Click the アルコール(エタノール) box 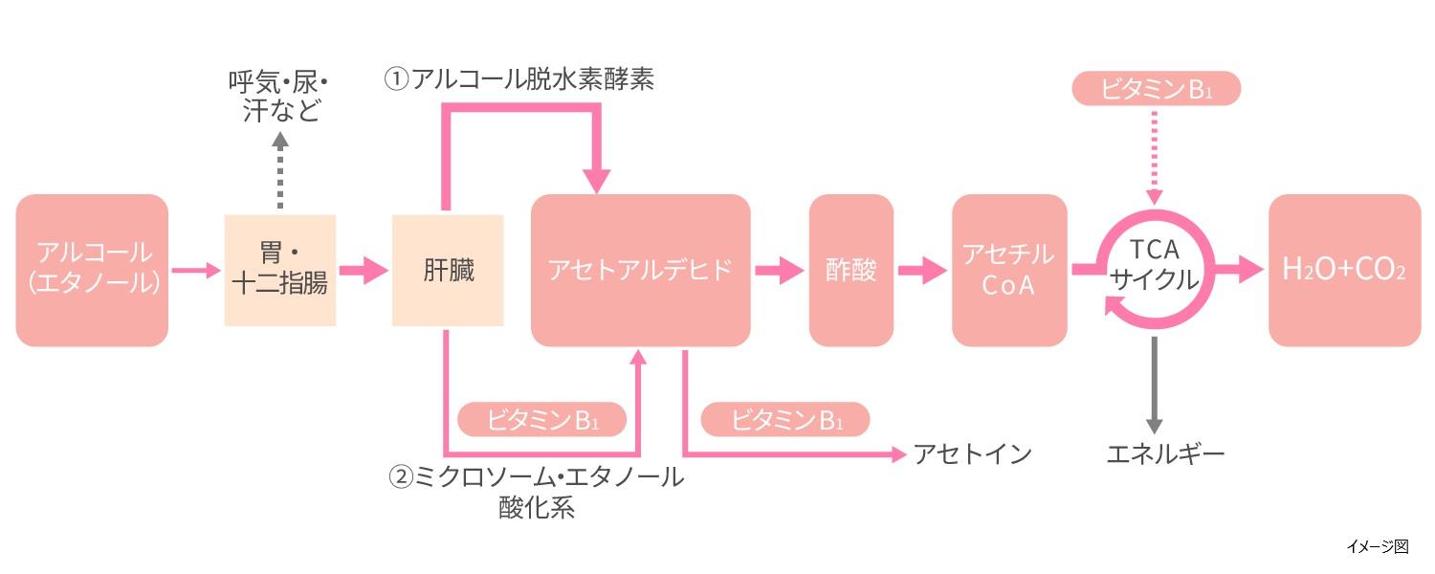[92, 270]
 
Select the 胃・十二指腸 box [280, 270]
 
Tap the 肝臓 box [448, 270]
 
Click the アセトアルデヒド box [640, 270]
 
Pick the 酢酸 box [850, 270]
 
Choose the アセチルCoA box [1008, 270]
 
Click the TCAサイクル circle [1155, 266]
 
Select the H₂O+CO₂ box [1344, 270]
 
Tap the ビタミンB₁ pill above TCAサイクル [1156, 89]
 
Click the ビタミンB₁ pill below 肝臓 [542, 420]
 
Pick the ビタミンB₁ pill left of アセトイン [785, 420]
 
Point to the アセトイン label [972, 453]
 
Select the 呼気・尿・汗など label [279, 96]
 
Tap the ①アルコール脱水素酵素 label [519, 78]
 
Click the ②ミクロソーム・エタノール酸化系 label [536, 491]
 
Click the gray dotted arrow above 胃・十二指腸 [279, 172]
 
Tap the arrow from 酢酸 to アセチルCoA [921, 270]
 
